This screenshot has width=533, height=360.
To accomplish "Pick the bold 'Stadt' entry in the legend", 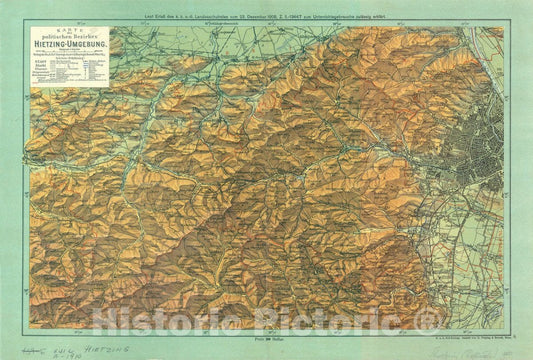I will (x=42, y=71).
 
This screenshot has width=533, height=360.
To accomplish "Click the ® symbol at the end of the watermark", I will (x=428, y=319).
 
